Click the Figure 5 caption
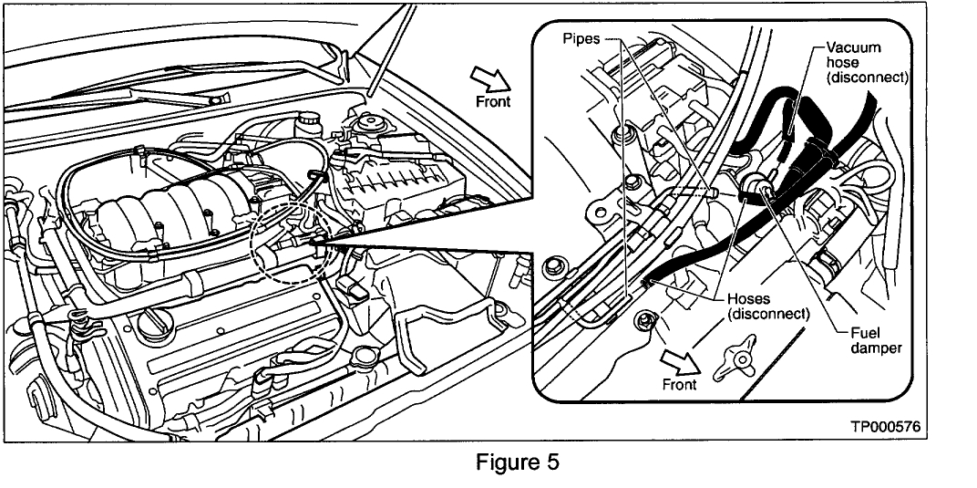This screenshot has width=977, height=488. pyautogui.click(x=518, y=462)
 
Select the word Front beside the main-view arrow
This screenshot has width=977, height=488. pyautogui.click(x=493, y=101)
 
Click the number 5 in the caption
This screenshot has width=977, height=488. pyautogui.click(x=551, y=462)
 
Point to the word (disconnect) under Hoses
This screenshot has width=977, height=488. pyautogui.click(x=769, y=313)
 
